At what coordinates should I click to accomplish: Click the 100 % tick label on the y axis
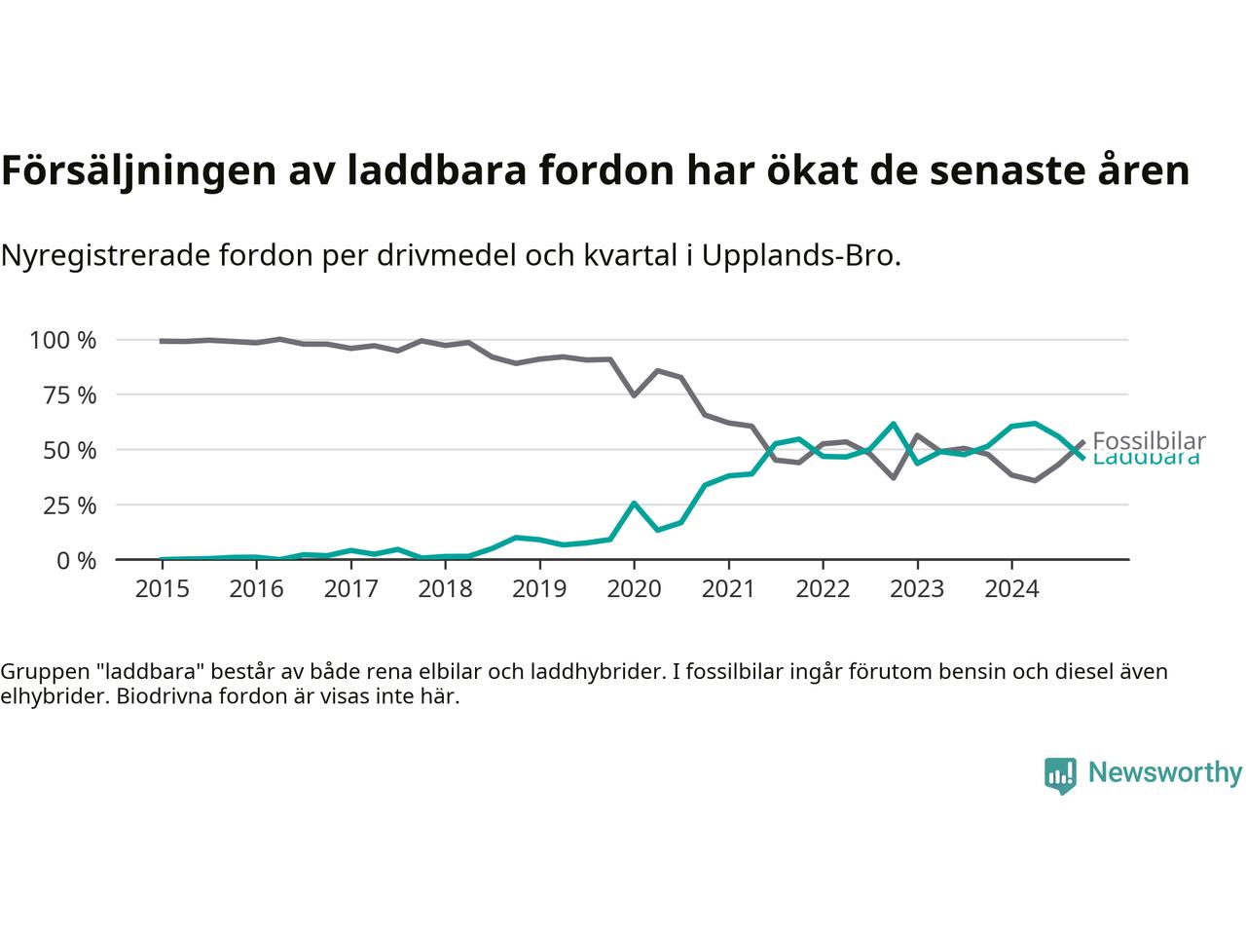click(63, 340)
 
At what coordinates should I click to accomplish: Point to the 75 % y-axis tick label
click(69, 395)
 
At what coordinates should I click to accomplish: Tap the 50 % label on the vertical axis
click(69, 450)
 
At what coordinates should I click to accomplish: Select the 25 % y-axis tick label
click(69, 505)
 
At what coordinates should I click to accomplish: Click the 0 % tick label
click(75, 560)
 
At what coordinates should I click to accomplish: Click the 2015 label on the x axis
click(162, 589)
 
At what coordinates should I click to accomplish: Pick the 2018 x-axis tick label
click(445, 589)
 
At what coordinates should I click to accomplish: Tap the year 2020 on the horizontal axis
click(634, 589)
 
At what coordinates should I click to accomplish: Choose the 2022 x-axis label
click(823, 589)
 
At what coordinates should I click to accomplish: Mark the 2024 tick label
click(1011, 589)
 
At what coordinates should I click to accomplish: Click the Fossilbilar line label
click(1149, 440)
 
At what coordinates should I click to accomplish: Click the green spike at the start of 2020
click(634, 504)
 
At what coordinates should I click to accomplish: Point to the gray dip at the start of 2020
click(634, 394)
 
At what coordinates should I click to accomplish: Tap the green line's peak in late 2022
click(894, 424)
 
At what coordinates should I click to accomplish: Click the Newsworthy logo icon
click(1060, 775)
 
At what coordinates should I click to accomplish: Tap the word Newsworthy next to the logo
click(1165, 773)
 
